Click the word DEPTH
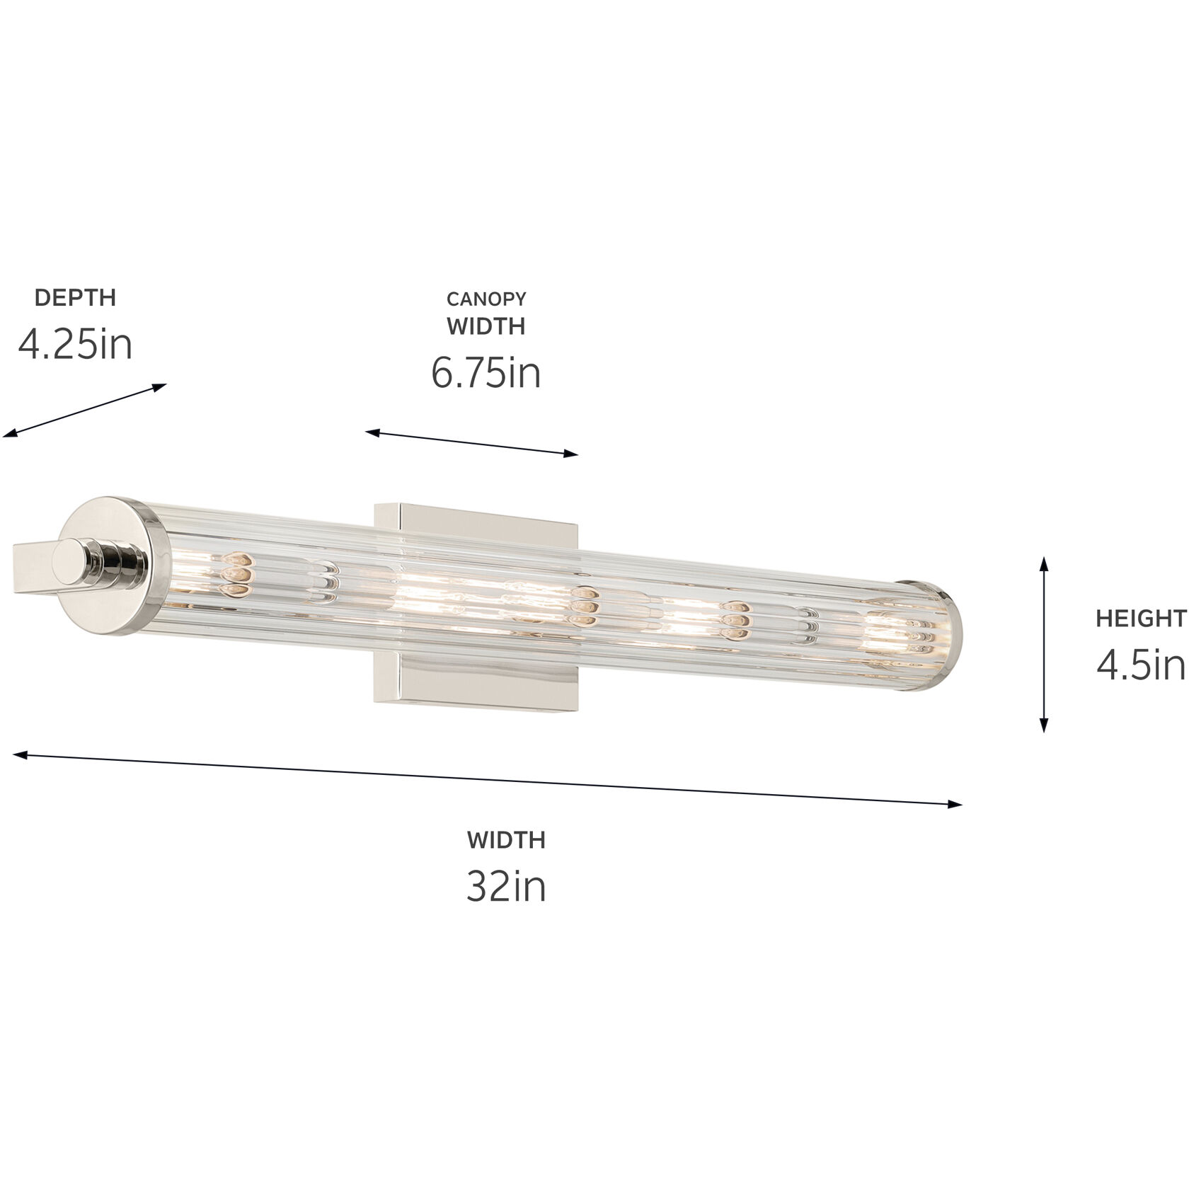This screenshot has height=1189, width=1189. point(75,298)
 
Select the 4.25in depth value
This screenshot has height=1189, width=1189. point(75,345)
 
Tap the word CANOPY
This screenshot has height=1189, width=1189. point(486,299)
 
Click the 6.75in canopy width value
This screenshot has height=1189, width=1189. point(486,373)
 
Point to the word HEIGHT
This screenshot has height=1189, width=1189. point(1140,619)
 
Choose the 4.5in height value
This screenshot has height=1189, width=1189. point(1140,665)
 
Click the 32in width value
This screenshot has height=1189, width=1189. point(506,886)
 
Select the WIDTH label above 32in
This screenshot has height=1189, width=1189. point(506,840)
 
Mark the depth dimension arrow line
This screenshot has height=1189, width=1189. point(85,410)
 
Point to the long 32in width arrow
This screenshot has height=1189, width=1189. point(488,779)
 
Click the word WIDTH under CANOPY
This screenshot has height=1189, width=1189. point(486,326)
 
